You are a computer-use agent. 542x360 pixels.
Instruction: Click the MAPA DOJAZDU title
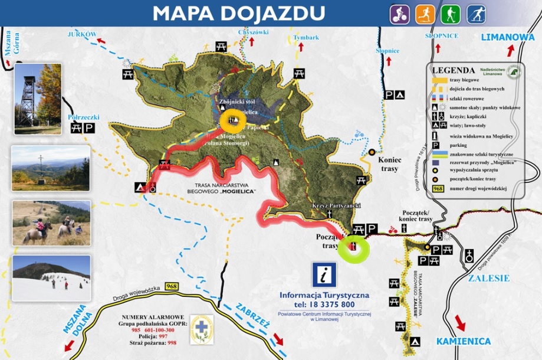click(238, 12)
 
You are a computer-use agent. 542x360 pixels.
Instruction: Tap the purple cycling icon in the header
click(399, 14)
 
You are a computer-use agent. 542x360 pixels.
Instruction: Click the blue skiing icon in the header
click(476, 14)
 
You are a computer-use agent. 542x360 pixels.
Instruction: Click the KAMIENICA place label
click(463, 341)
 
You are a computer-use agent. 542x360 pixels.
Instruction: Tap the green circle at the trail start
click(353, 247)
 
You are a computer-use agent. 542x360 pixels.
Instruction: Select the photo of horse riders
click(51, 222)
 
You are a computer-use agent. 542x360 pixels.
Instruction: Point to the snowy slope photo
click(51, 277)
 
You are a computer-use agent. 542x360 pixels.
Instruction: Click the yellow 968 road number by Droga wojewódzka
click(172, 286)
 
